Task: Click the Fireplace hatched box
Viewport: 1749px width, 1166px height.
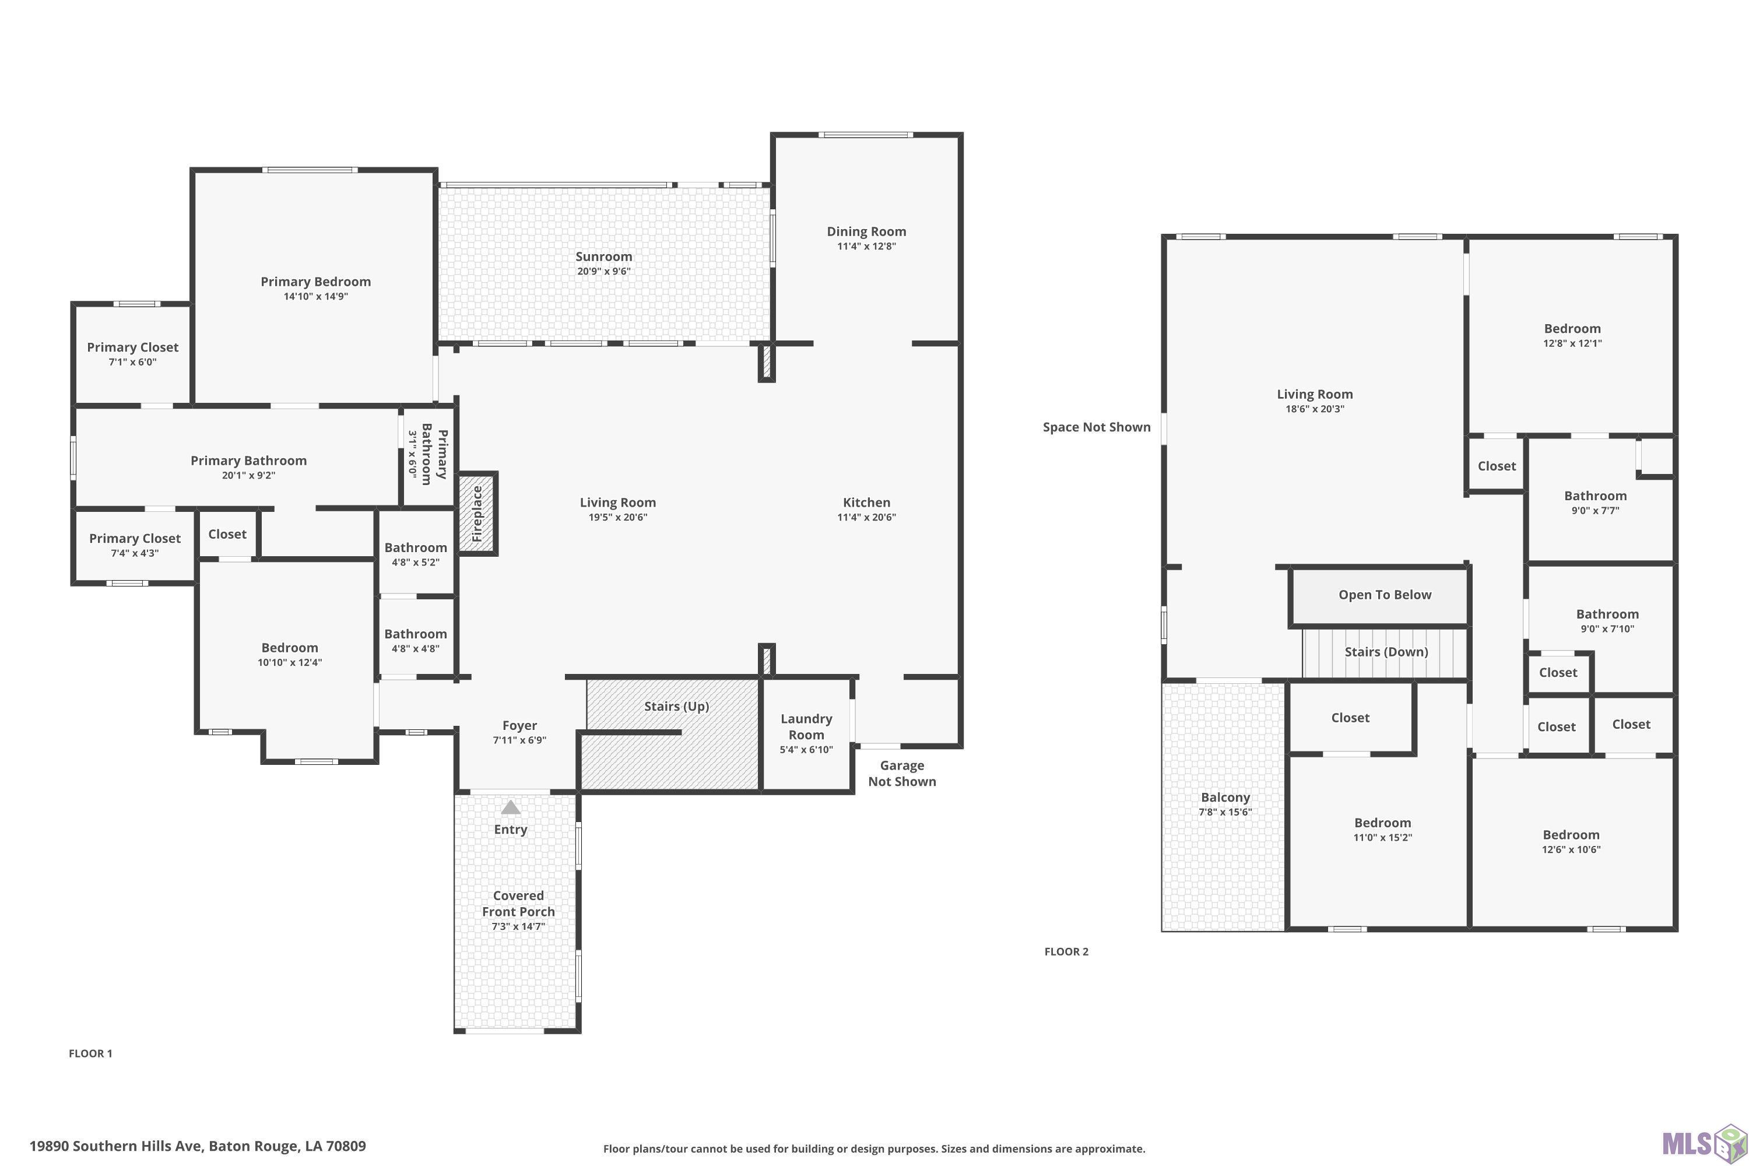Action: click(477, 513)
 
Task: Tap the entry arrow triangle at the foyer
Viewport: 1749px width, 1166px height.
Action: click(510, 807)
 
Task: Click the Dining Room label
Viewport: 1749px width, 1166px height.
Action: click(866, 231)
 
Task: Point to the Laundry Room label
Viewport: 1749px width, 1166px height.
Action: click(806, 726)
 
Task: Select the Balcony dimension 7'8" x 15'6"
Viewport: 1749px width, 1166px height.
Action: click(1225, 812)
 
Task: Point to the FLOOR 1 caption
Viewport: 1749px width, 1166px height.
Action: click(91, 1053)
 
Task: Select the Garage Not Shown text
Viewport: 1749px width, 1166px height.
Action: click(902, 774)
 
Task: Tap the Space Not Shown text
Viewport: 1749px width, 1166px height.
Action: click(1097, 427)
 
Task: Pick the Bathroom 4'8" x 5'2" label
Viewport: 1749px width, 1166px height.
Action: click(416, 554)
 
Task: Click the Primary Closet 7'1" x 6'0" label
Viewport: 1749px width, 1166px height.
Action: click(132, 354)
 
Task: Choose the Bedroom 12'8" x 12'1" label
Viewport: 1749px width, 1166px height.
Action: click(1572, 335)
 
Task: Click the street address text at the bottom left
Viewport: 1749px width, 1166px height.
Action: click(198, 1146)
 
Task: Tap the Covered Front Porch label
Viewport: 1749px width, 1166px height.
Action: click(518, 904)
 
